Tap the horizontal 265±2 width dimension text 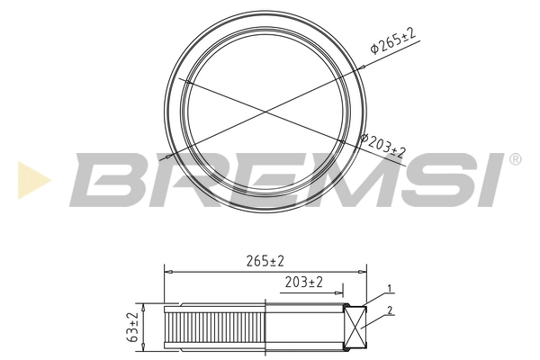(265, 261)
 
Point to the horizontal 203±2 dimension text (304, 283)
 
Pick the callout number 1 (389, 289)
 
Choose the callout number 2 (389, 310)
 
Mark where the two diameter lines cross (265, 112)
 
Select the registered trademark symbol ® (515, 159)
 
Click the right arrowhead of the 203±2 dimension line (339, 292)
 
